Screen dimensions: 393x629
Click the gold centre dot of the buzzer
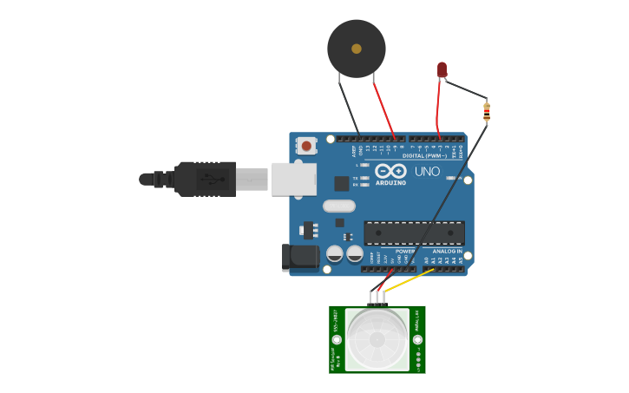tap(357, 49)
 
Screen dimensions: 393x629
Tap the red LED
tap(442, 69)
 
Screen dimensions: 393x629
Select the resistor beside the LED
tap(487, 111)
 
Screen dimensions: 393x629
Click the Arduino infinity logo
tap(390, 171)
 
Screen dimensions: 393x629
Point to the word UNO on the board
tap(427, 172)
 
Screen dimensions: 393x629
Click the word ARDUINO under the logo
tap(390, 183)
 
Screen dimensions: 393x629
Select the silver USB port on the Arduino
tap(293, 179)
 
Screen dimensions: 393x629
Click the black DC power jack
tap(300, 257)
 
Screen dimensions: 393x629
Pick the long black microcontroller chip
tap(414, 233)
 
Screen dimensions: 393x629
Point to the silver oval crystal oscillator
tap(339, 206)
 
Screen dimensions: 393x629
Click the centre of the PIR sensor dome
tap(377, 339)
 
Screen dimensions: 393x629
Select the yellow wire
tap(408, 281)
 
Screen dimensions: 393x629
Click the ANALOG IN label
tap(448, 252)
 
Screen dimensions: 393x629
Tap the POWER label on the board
tap(404, 252)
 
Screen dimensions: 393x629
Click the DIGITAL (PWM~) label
tap(424, 156)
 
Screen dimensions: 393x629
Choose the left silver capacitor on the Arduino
tap(335, 254)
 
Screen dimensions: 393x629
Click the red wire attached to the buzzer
tap(383, 109)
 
